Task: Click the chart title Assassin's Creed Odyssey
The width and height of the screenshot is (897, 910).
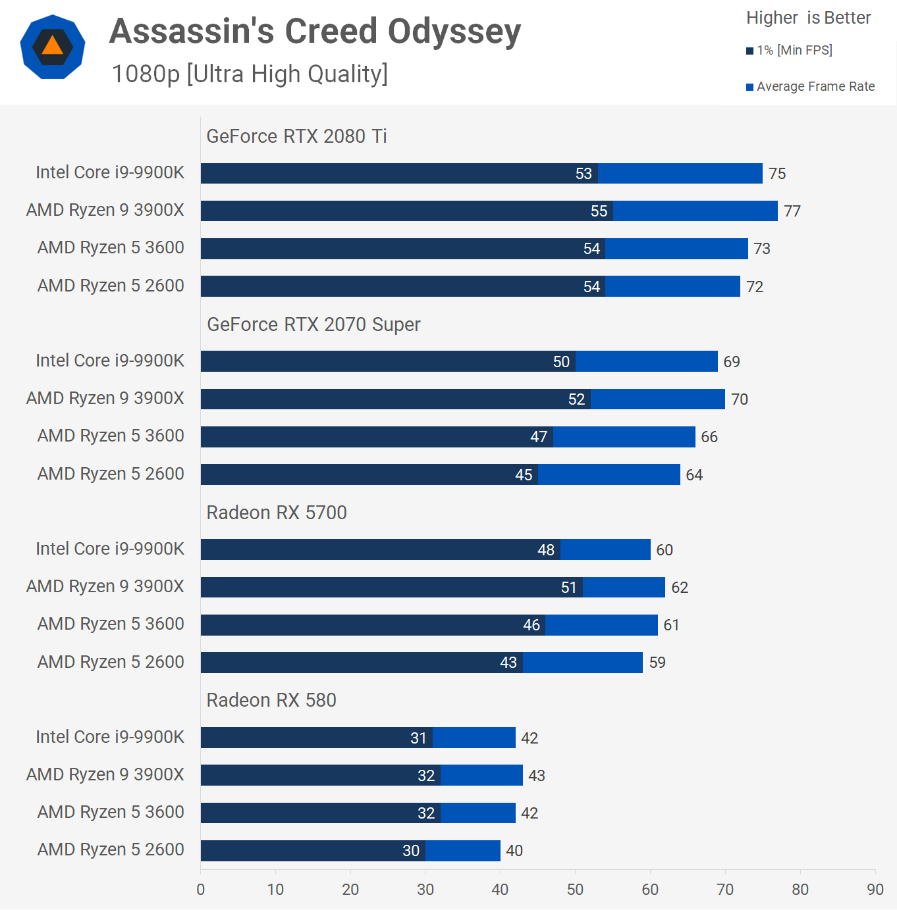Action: (315, 32)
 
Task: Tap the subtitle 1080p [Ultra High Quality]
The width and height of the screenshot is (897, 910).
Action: (250, 74)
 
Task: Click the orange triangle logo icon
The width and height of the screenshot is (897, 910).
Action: (53, 47)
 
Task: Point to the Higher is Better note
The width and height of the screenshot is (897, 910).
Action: (808, 18)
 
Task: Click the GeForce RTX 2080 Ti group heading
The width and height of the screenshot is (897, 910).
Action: (296, 136)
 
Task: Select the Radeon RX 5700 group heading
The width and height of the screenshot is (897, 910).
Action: (277, 513)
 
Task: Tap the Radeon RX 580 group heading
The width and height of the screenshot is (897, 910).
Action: (271, 700)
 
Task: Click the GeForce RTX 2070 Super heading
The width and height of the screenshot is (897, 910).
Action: (313, 324)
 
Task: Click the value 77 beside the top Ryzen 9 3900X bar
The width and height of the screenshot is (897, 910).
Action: (792, 211)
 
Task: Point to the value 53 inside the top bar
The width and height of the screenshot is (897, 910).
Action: (584, 174)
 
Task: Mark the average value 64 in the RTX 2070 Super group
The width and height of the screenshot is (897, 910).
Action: (694, 475)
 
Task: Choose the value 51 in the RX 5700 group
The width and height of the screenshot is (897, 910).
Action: (569, 588)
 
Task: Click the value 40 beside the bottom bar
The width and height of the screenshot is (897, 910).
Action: (514, 851)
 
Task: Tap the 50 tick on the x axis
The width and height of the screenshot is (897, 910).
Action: (575, 890)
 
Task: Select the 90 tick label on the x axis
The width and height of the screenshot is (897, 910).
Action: (875, 890)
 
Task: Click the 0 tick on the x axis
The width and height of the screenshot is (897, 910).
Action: (201, 890)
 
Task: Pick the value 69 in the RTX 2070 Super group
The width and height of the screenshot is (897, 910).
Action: (732, 362)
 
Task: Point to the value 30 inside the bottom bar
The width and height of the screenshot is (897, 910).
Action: (411, 851)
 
